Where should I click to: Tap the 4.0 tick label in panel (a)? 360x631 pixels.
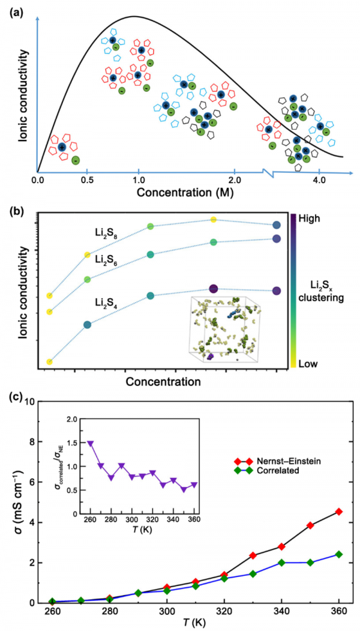[319, 180]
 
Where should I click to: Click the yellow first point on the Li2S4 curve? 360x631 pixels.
[49, 362]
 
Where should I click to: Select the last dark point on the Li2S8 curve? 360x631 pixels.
[277, 225]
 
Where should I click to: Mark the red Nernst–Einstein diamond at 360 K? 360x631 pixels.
[322, 512]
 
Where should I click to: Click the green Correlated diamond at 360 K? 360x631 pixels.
[322, 554]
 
